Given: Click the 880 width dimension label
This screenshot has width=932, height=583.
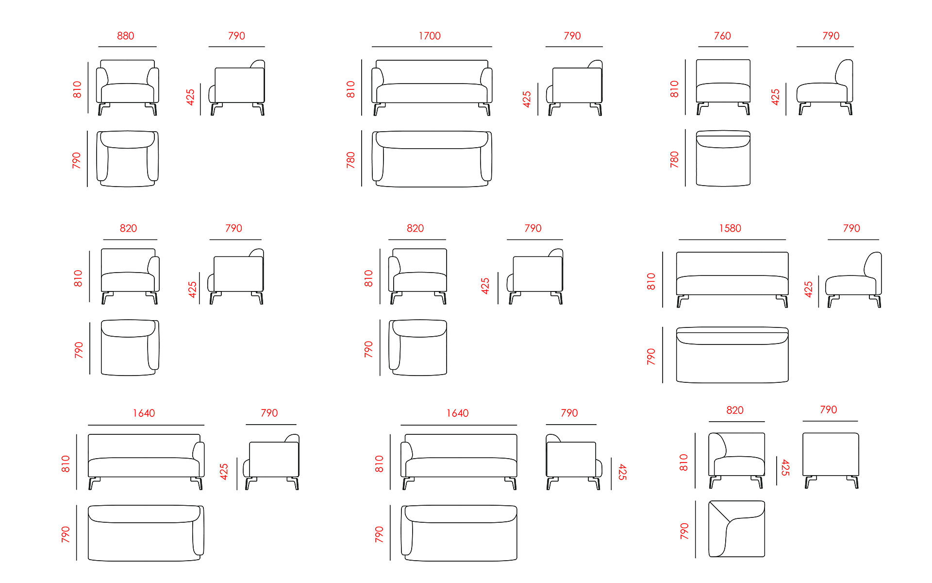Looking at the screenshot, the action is coord(125,36).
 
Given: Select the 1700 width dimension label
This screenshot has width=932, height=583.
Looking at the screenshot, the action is coord(430,36).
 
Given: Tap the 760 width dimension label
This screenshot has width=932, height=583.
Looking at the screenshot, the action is coord(722,36).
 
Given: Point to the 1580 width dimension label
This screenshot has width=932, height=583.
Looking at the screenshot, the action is coord(730,228).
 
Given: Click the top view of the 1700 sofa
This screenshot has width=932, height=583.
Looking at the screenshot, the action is coord(432,159).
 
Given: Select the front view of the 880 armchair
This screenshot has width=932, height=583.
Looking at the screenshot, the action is coord(128,87).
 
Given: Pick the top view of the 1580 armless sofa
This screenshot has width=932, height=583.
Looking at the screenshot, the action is coord(732,355).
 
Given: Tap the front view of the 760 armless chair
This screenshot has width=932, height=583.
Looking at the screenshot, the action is coord(723,87).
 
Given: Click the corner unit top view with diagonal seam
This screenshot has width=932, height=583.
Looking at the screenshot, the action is coord(736,529).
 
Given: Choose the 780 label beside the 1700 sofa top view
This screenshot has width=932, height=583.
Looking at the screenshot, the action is coord(350,160).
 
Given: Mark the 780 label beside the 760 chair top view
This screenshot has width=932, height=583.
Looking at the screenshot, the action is coord(674,159).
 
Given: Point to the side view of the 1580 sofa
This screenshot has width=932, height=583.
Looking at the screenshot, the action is coord(854,279).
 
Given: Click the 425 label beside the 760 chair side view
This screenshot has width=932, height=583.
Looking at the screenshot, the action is coord(776,97).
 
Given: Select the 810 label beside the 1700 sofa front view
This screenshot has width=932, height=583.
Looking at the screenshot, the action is coord(350,89).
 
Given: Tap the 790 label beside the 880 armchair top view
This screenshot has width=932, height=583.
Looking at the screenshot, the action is coord(76,160).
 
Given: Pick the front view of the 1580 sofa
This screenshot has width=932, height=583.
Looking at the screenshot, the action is coord(732,279).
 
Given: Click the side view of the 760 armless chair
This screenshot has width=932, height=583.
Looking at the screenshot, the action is coord(825,87).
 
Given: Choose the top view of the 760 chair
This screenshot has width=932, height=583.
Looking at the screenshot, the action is coord(723,158).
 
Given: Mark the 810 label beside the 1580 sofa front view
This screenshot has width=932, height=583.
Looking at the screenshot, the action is coord(651,281).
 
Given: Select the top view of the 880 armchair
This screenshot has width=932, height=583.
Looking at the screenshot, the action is coord(128,159).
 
